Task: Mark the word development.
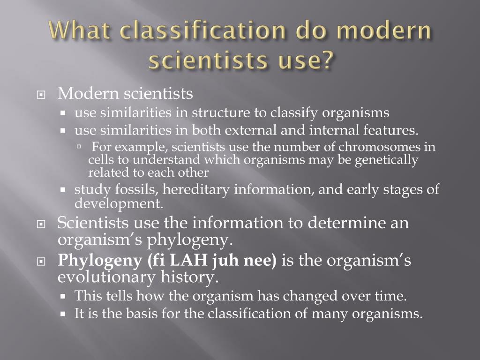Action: [112, 203]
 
